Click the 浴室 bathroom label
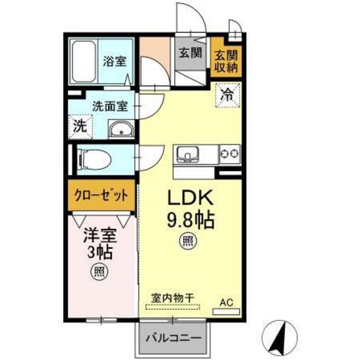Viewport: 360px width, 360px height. click(x=114, y=62)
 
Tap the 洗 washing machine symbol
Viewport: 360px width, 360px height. click(x=80, y=127)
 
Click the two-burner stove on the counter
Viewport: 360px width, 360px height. click(x=229, y=154)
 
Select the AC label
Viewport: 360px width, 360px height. click(x=227, y=301)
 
